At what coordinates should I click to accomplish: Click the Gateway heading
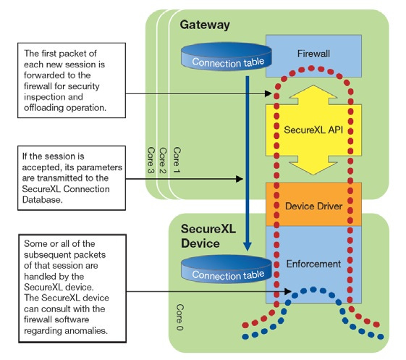coord(205,25)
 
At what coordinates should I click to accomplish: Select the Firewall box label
coord(313,54)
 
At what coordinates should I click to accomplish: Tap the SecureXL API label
coord(313,130)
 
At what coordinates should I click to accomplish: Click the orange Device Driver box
coord(313,204)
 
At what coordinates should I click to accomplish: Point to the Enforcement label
coord(313,264)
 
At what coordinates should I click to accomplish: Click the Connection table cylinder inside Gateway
coord(227,56)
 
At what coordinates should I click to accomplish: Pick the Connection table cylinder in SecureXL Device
coord(227,269)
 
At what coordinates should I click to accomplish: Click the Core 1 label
coord(177,160)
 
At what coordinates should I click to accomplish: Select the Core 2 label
coord(163,160)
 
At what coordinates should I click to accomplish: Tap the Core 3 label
coord(151,160)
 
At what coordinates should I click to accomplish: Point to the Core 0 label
coord(179,317)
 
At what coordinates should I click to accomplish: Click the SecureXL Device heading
coord(208,236)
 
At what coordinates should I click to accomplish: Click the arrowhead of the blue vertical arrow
coord(248,246)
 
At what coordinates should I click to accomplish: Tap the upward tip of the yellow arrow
coord(313,85)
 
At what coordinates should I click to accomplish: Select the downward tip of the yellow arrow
coord(313,175)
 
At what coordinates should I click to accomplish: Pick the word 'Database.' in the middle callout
coord(43,200)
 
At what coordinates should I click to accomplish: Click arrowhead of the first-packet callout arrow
coord(268,93)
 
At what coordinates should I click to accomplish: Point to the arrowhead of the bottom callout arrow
coord(288,291)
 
